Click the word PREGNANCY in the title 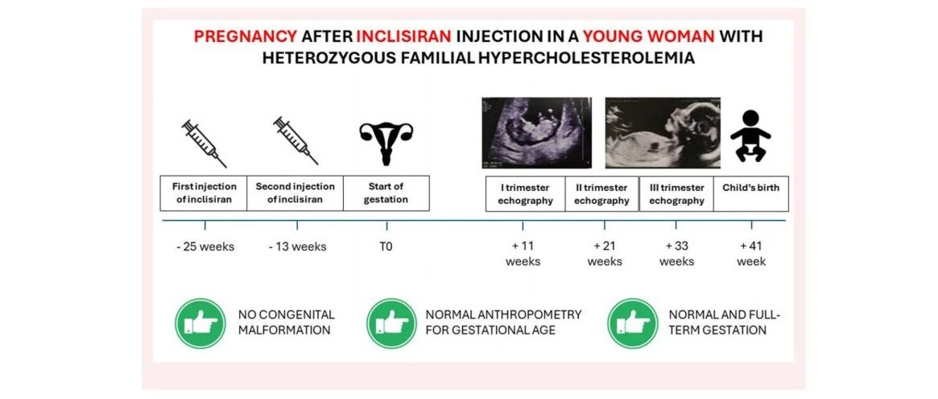[246, 36]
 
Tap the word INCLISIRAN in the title [404, 36]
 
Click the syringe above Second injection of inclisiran [295, 141]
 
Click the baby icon [750, 136]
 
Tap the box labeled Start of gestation [386, 193]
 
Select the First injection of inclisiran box [204, 193]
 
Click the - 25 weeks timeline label [205, 246]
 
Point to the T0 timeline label [386, 246]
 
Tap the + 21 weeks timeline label [604, 253]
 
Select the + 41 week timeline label [751, 253]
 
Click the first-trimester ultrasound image [536, 133]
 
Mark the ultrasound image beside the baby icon [663, 133]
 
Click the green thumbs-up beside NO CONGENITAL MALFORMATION [200, 323]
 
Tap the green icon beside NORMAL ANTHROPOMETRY [392, 323]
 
